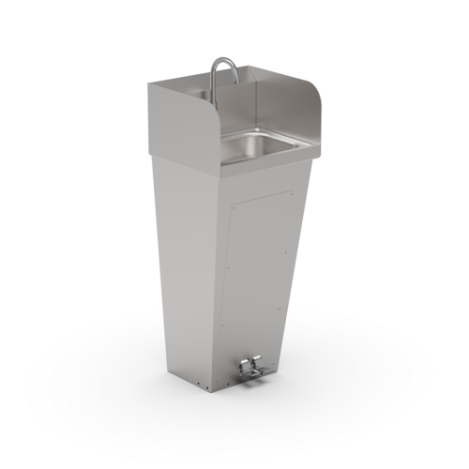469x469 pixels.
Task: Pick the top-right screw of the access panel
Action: [x=292, y=194]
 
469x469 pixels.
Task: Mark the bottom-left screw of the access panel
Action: [x=222, y=325]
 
